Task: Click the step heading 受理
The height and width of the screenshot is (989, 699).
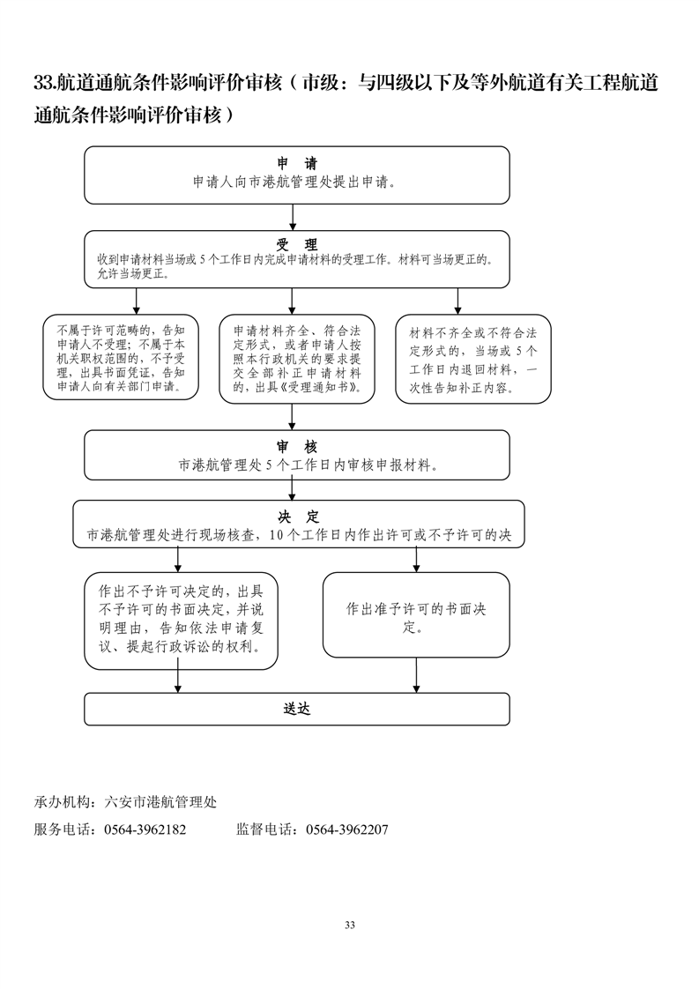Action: click(297, 244)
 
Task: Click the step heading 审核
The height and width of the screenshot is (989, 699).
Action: click(297, 446)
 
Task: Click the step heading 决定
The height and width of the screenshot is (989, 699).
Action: click(297, 517)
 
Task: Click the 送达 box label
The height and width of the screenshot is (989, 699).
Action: click(297, 708)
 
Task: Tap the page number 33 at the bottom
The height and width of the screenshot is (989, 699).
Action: click(350, 925)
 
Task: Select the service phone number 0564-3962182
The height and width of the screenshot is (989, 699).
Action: click(145, 829)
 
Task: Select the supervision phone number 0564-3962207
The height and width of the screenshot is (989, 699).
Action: click(346, 829)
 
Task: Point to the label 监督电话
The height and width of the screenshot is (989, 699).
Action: click(264, 829)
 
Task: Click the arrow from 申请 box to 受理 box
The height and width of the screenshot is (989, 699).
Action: click(297, 217)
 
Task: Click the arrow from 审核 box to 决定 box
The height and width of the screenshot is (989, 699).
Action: click(297, 489)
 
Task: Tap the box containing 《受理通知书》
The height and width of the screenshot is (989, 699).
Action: click(296, 359)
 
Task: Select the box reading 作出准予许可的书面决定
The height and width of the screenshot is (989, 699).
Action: click(416, 615)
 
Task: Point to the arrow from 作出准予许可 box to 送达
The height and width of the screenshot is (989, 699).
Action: click(416, 674)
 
